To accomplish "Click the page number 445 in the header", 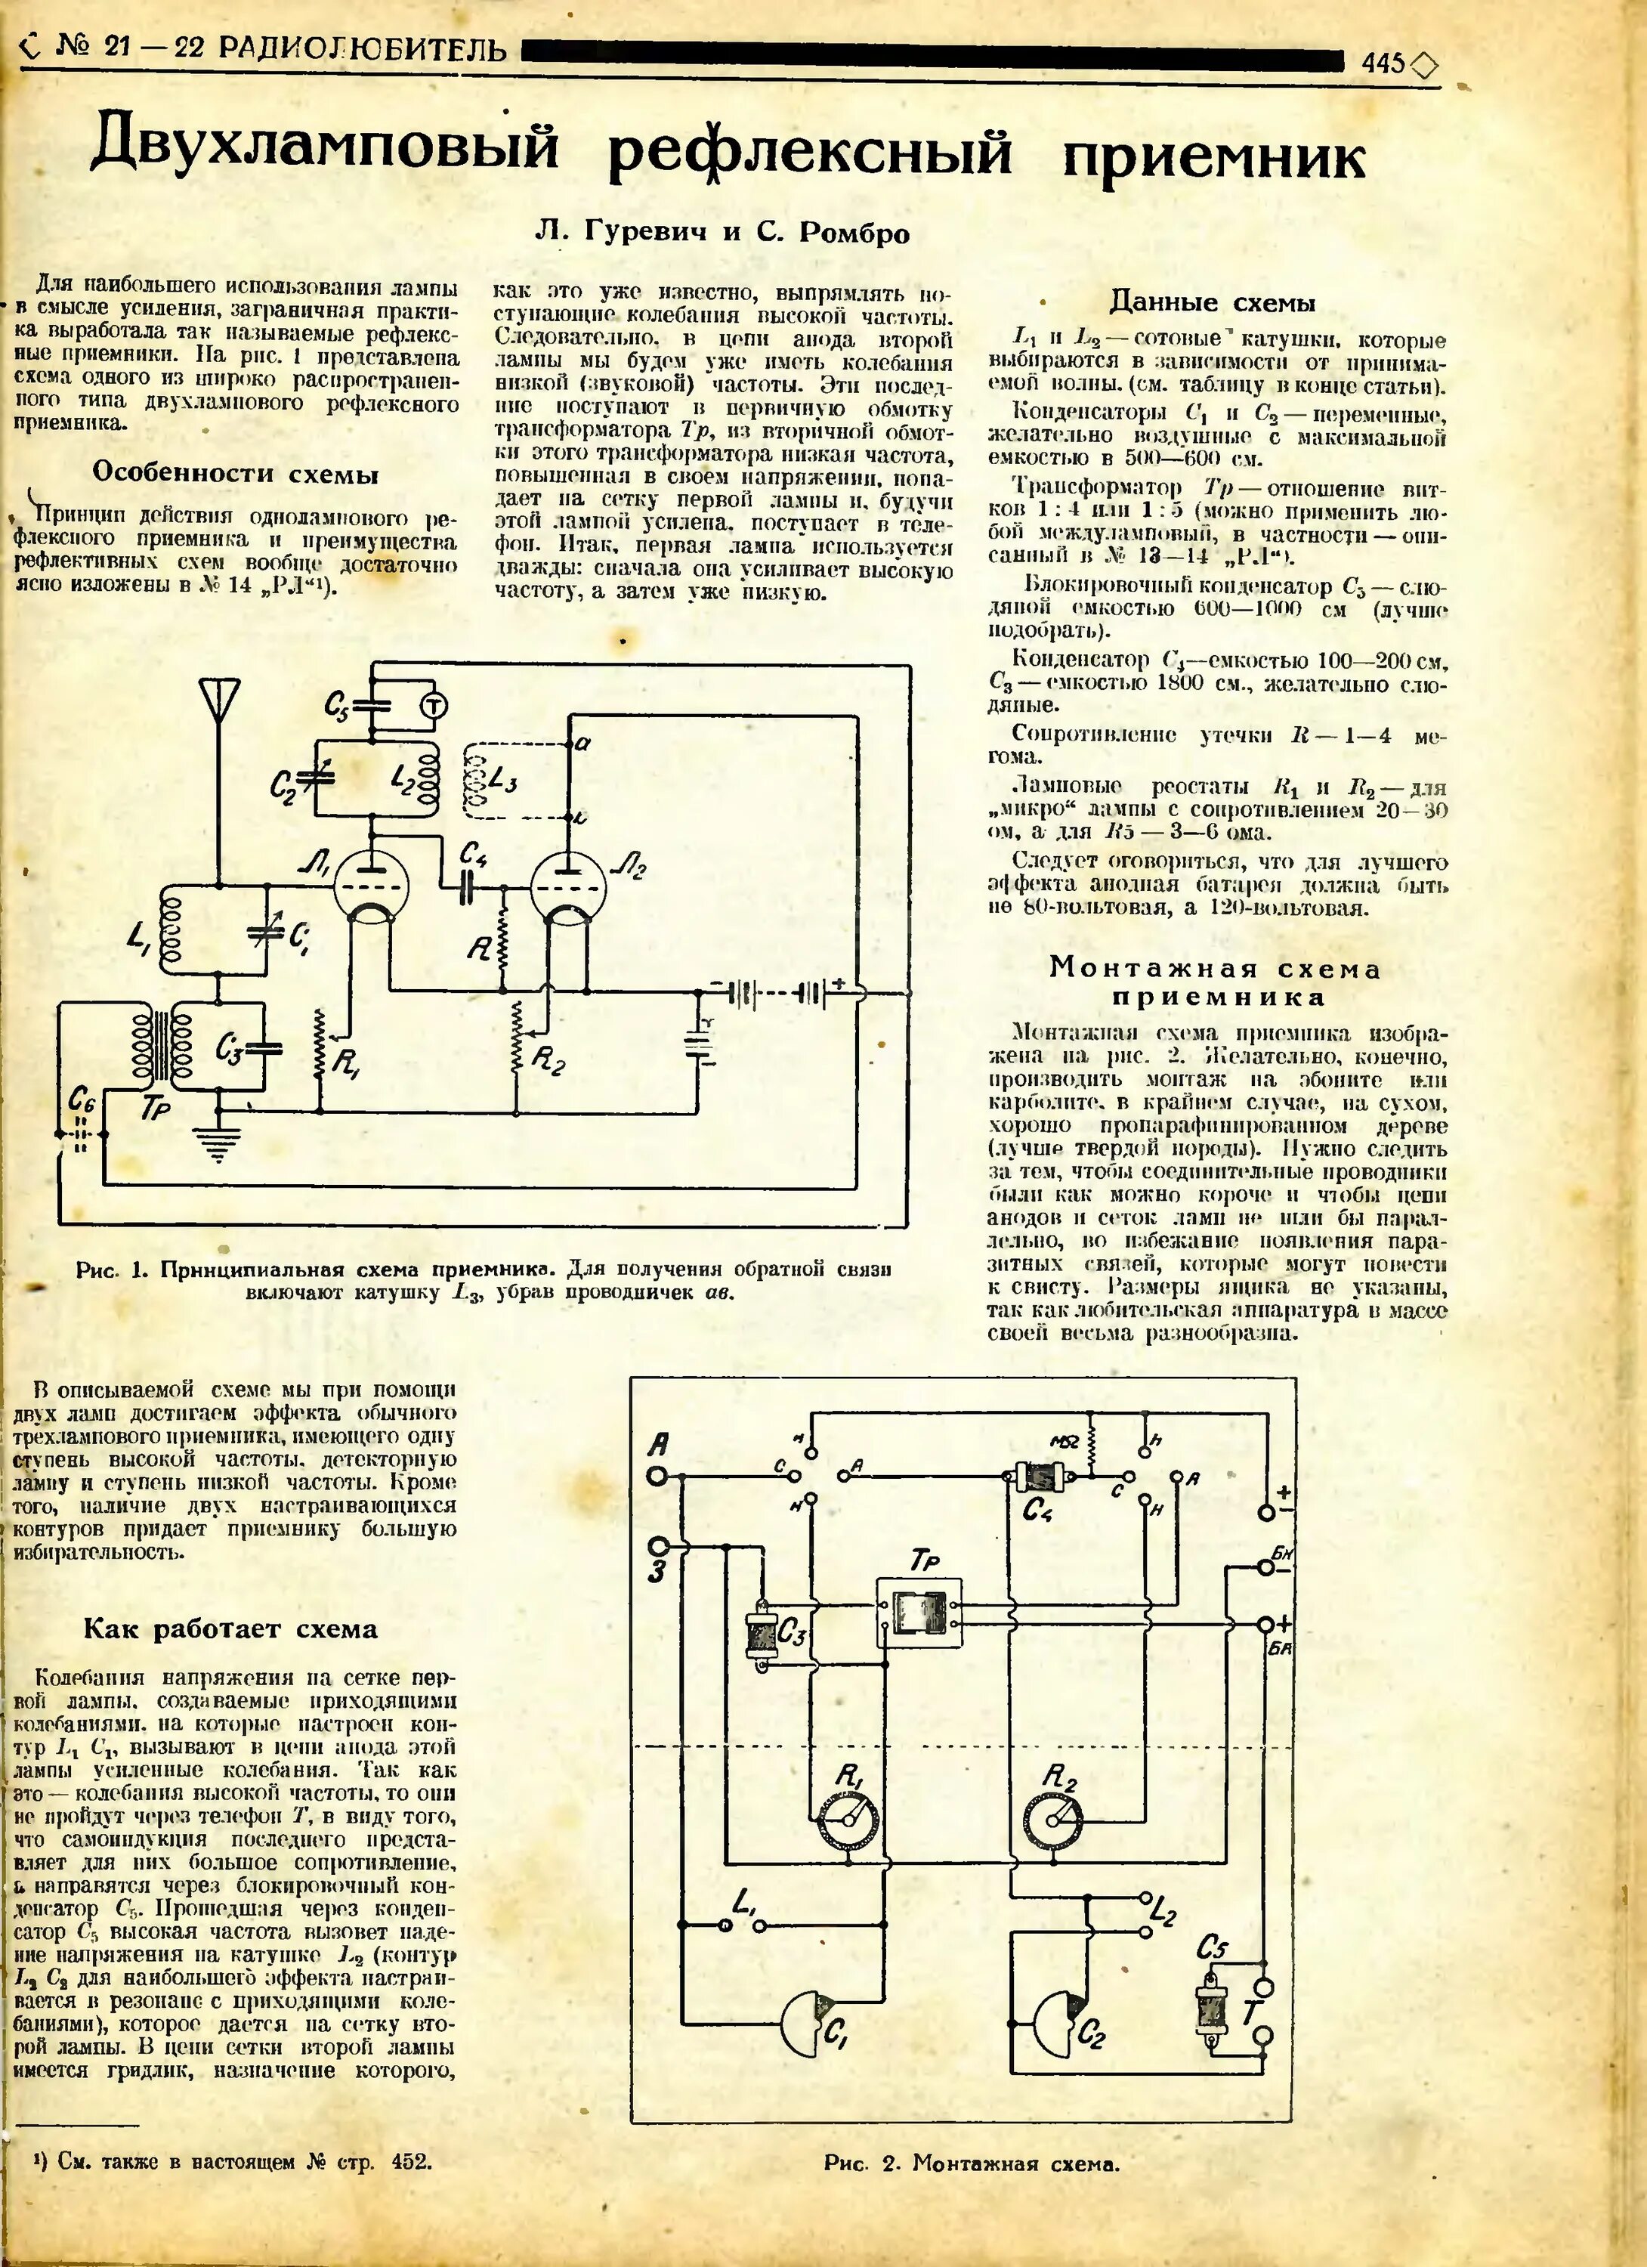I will coord(1383,63).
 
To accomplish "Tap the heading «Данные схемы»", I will coord(1213,302).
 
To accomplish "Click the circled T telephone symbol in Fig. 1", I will coord(433,706).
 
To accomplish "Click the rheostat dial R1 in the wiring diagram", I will coord(848,1818).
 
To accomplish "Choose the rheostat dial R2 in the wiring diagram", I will coord(1055,1818).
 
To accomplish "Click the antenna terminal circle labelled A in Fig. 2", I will coord(657,1475).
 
